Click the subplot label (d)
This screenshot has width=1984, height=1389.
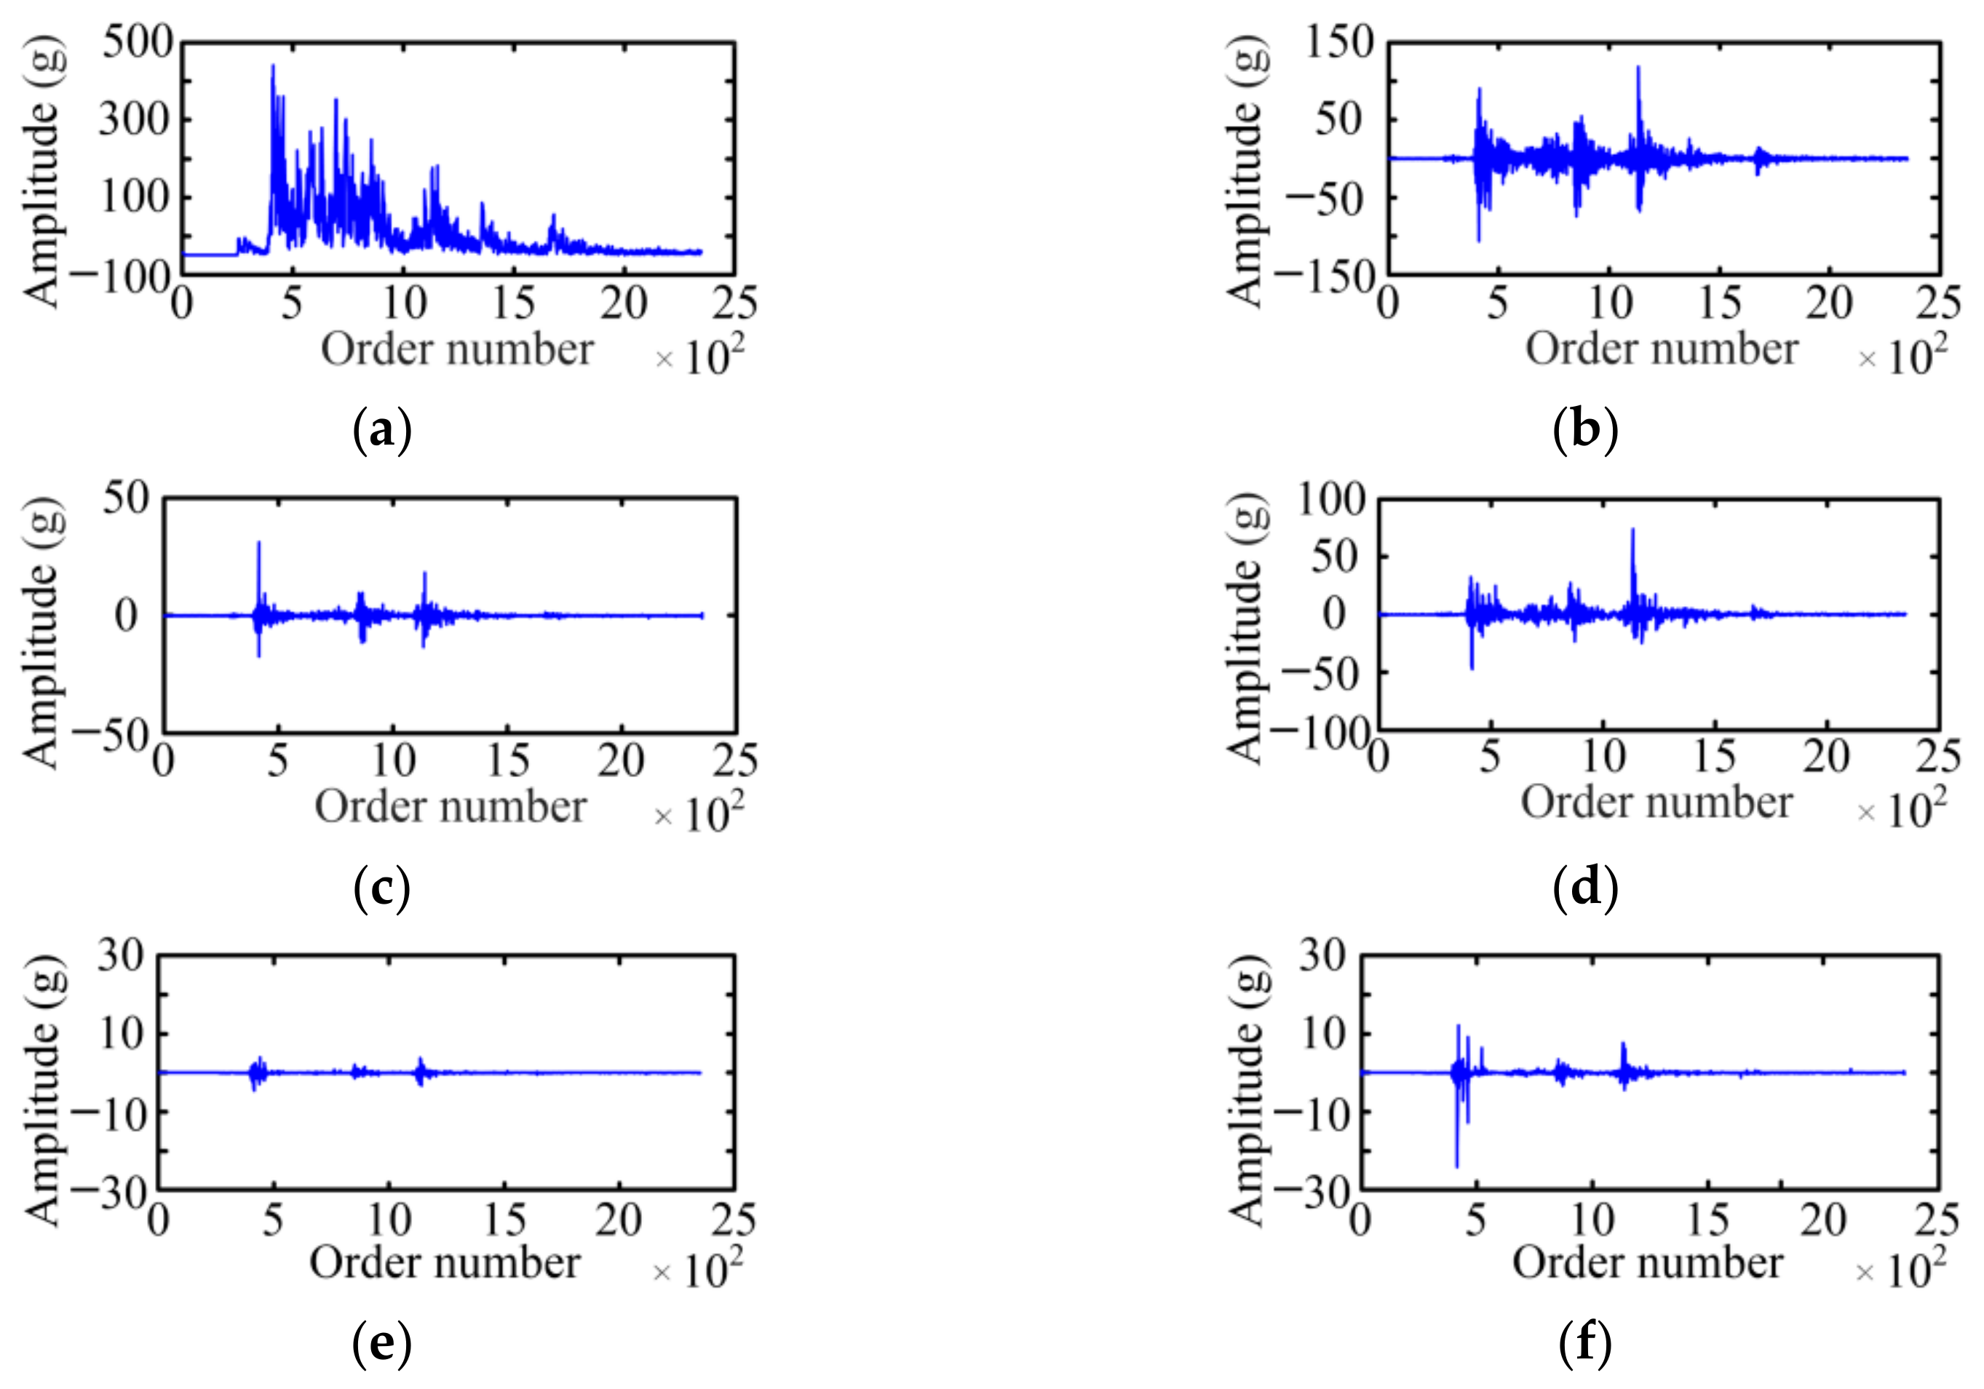[x=1584, y=887]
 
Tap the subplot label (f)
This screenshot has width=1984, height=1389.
[x=1584, y=1344]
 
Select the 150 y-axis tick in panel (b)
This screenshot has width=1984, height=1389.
[x=1339, y=41]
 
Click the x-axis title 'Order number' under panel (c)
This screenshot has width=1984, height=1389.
[x=451, y=807]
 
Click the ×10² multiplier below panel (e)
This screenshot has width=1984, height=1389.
[x=698, y=1270]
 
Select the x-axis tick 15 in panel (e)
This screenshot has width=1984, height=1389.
[x=504, y=1220]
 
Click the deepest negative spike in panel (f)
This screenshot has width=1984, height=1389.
[x=1456, y=1166]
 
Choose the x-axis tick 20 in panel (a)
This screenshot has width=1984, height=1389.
[x=623, y=304]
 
